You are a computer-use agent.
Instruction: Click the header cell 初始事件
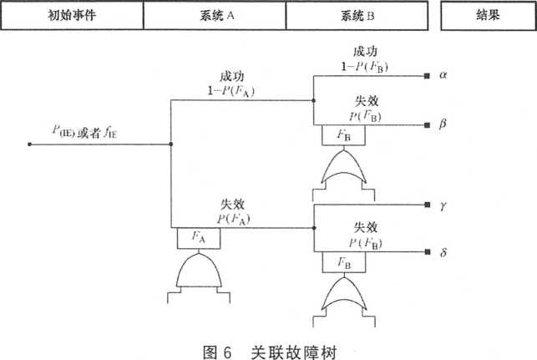tap(72, 14)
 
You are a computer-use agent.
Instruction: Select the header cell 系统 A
tap(215, 14)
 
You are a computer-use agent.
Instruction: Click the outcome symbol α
tap(447, 76)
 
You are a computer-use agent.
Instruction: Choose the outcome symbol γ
tap(447, 205)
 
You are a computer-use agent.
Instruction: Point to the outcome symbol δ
tap(447, 252)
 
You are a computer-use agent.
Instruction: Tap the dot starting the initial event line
tap(30, 144)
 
